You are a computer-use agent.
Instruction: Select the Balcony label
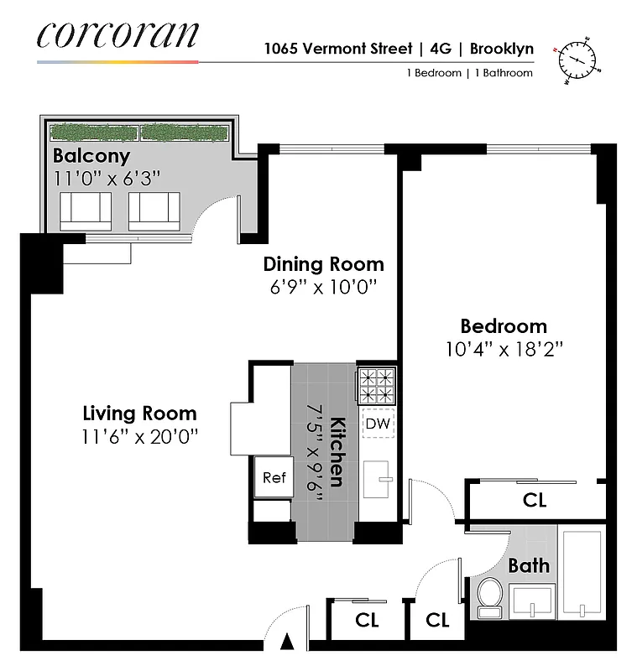(91, 155)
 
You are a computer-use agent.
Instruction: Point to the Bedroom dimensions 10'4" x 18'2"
(503, 350)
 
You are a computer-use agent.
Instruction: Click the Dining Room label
(323, 264)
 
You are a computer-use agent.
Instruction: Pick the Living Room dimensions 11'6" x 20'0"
(139, 436)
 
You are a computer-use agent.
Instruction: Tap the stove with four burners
(377, 386)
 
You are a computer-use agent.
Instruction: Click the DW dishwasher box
(378, 424)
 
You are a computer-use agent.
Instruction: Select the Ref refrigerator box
(274, 478)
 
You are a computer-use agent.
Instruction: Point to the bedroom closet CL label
(535, 501)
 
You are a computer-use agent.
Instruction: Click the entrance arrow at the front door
(288, 642)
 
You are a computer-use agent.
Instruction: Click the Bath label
(529, 565)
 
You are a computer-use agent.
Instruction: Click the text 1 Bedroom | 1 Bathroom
(469, 73)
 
